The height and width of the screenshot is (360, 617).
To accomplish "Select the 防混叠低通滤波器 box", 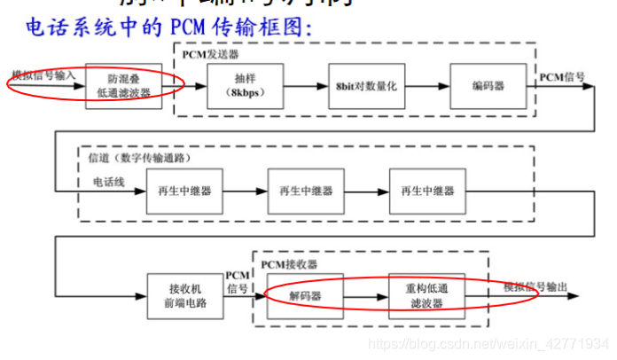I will coord(124,85).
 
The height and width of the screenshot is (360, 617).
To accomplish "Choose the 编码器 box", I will coord(482,85).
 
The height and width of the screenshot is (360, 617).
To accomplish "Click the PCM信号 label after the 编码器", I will coord(562,77).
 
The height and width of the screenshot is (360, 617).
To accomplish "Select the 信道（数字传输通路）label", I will coord(145,158).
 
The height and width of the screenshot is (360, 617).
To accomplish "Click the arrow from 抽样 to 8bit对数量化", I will coord(296,86).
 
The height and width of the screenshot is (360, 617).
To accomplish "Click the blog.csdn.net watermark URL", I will coord(488,343).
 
